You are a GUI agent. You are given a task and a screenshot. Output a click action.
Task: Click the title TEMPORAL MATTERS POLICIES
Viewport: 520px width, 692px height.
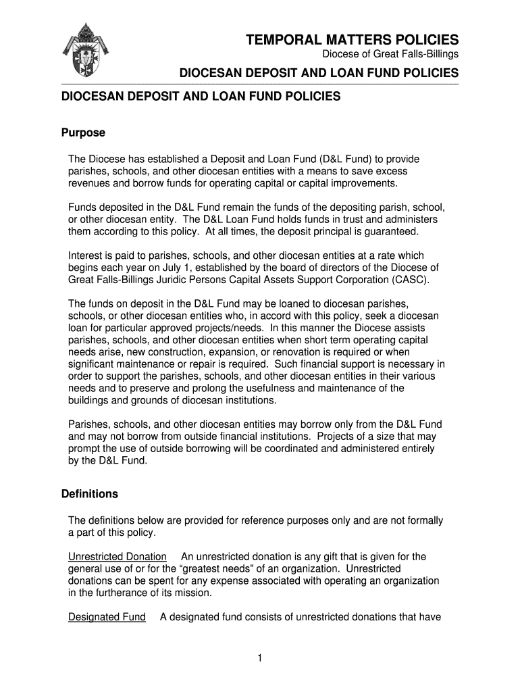(352, 40)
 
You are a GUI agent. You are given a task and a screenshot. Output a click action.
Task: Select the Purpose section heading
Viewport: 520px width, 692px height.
(83, 132)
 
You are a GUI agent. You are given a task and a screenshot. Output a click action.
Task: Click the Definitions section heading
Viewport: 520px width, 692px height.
(90, 494)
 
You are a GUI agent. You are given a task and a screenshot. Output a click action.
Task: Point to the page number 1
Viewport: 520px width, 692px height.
(259, 658)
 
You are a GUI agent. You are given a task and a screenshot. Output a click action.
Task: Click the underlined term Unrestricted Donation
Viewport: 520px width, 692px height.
(118, 557)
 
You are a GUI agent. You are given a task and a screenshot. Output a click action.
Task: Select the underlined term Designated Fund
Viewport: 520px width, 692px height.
(107, 617)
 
